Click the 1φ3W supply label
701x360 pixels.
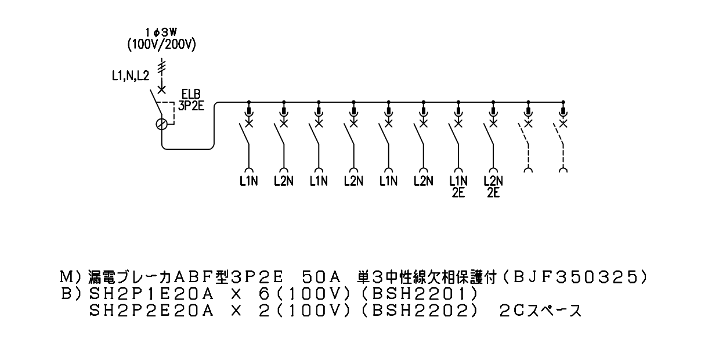161,33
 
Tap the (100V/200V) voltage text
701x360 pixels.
161,45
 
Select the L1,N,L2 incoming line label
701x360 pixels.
131,75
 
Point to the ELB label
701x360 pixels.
191,94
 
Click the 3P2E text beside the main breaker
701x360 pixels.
191,106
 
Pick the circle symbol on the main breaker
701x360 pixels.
161,124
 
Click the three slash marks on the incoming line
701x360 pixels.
161,67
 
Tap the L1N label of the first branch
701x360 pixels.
249,181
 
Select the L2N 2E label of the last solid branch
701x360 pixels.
493,186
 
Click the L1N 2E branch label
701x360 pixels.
458,186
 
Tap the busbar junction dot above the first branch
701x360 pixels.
249,102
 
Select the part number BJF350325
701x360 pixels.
576,277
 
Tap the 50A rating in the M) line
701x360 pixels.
321,277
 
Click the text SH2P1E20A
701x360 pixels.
151,294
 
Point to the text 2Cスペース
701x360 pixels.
540,311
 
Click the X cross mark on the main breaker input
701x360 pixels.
161,90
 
